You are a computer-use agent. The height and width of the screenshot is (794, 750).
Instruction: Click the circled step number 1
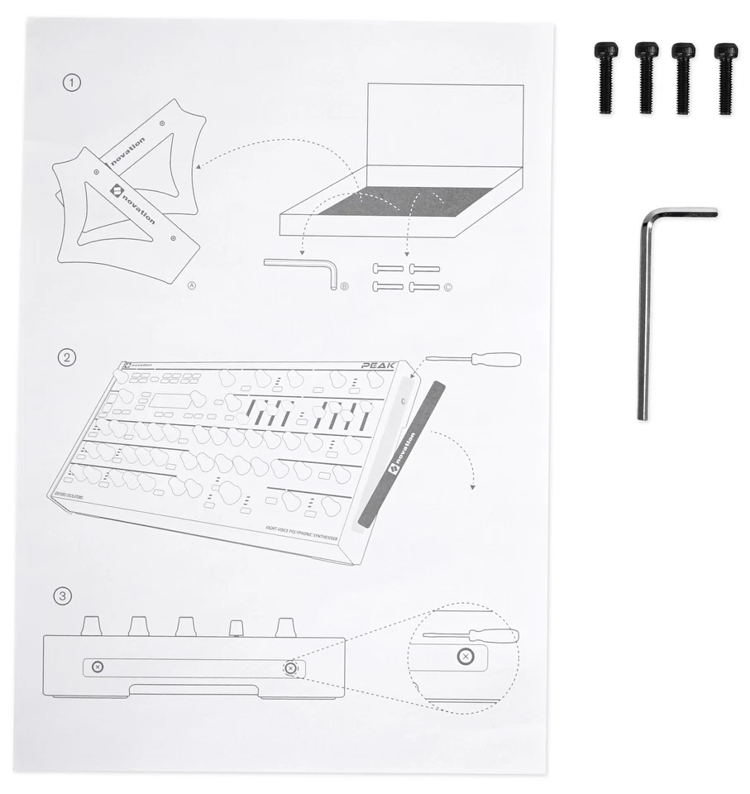coord(73,83)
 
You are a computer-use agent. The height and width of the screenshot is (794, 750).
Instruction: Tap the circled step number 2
coord(67,358)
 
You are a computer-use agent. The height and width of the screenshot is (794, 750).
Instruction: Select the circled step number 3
coord(62,595)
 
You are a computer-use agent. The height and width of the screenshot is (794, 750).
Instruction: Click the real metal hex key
coord(644,314)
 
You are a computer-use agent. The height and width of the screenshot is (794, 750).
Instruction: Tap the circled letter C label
coord(448,288)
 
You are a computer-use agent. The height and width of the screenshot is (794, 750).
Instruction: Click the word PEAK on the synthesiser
coord(377,364)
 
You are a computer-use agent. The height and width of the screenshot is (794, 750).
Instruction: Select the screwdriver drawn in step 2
coord(471,360)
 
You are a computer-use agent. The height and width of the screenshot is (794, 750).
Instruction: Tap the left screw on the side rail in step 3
coord(97,667)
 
